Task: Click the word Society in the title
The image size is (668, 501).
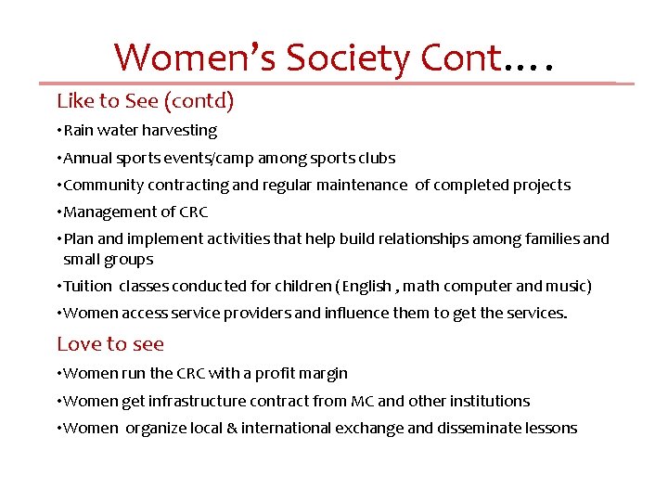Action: pyautogui.click(x=347, y=58)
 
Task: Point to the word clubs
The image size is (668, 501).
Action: pyautogui.click(x=376, y=158)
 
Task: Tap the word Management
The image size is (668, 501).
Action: pyautogui.click(x=107, y=212)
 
